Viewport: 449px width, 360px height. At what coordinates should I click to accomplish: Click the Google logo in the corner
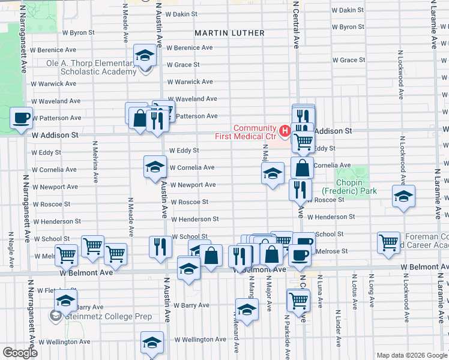coord(20,353)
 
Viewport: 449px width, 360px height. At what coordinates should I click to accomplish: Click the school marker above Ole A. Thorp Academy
coord(144,56)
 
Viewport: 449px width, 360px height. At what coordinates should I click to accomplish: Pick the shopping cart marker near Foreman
coord(389,242)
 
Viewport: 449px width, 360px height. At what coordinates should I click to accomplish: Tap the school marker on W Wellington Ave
coord(152,343)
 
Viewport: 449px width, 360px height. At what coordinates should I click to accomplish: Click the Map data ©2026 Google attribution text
coord(411,355)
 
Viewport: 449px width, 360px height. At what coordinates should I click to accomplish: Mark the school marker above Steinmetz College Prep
coord(65,299)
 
